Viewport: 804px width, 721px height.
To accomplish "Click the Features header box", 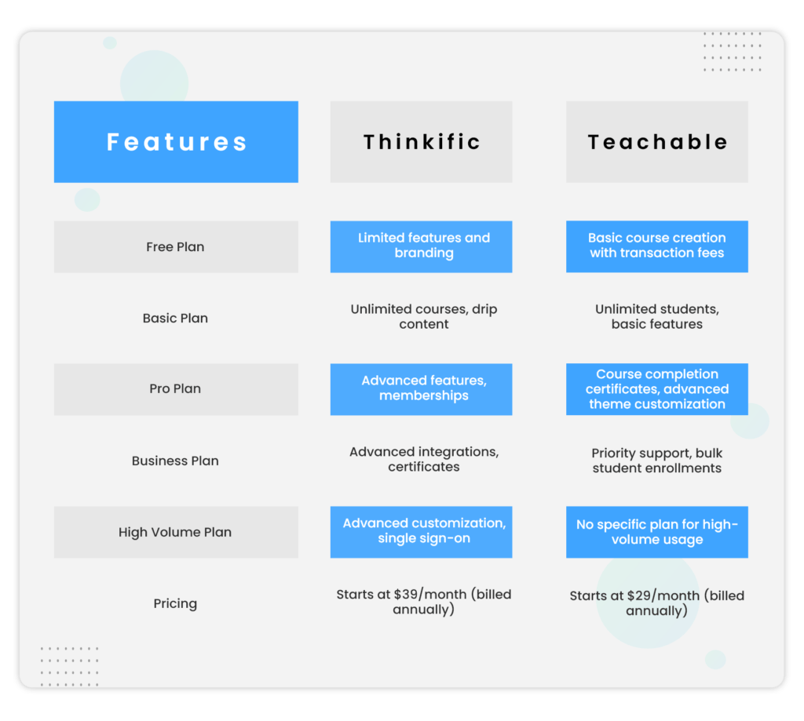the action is [176, 142].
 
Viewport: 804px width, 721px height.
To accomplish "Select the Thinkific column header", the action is [421, 142].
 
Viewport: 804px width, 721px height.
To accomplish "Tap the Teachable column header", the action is [657, 142].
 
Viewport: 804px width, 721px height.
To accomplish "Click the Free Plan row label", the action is [175, 246].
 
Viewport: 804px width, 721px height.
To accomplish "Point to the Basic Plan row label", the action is [175, 318].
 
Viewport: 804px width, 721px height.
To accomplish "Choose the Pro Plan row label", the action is [175, 389].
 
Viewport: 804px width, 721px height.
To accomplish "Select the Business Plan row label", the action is [175, 461].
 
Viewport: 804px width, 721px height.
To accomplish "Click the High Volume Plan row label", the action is [175, 532].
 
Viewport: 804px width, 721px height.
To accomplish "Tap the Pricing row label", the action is [175, 603].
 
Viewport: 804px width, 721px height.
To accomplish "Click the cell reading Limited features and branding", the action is [422, 246].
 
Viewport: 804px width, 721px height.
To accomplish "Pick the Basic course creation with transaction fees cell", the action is [657, 246].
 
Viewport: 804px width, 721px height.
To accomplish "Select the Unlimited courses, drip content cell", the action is [424, 317].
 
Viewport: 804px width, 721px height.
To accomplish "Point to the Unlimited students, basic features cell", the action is [657, 317].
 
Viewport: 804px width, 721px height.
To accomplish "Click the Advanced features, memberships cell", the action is [422, 388].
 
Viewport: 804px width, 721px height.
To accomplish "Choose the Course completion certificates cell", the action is [657, 389].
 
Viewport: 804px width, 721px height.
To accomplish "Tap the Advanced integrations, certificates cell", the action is [424, 460].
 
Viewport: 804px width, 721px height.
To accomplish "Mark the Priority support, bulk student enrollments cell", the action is [657, 461].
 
